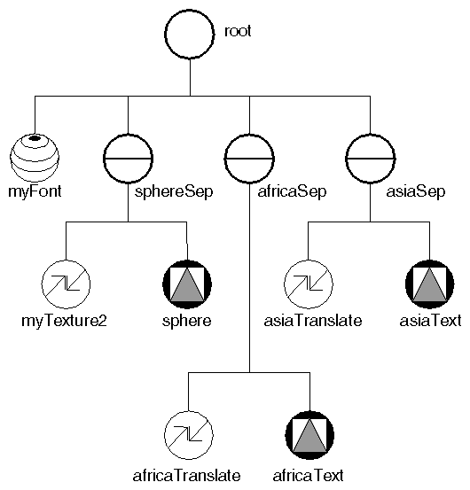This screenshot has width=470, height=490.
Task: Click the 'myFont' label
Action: pyautogui.click(x=34, y=190)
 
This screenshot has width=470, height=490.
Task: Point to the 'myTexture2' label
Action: pyautogui.click(x=64, y=320)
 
